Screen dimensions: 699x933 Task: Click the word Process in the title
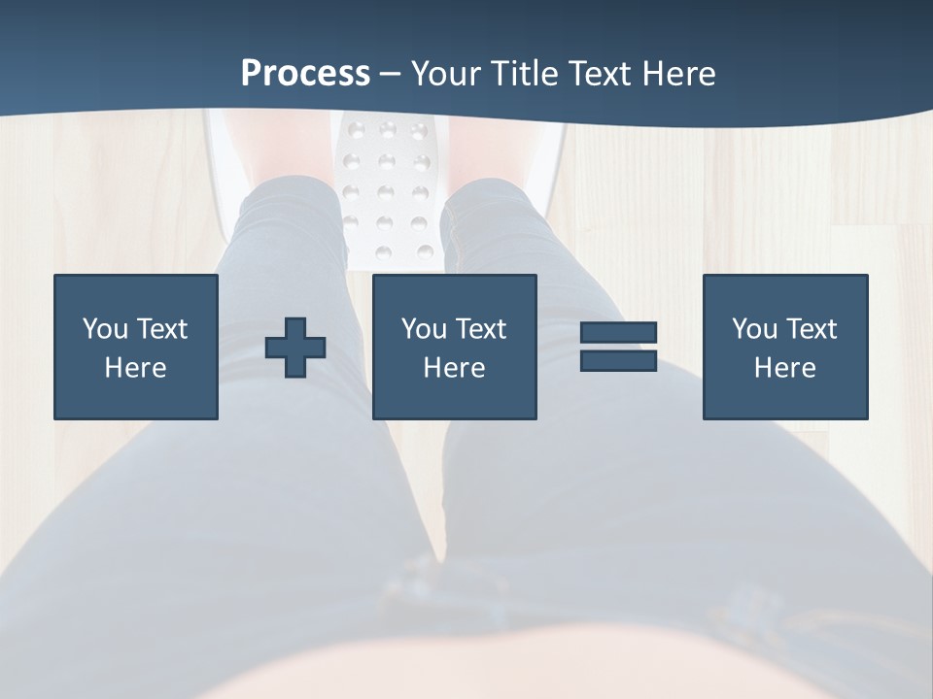click(305, 74)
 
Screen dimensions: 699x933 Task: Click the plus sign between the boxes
click(295, 348)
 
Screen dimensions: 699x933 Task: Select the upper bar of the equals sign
click(618, 332)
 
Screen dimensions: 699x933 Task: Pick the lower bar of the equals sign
click(618, 360)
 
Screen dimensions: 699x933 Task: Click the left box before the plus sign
click(135, 291)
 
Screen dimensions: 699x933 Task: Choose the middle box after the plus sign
click(454, 291)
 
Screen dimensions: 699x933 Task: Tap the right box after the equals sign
click(784, 291)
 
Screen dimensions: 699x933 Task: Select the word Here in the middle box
click(454, 368)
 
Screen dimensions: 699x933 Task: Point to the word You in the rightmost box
click(754, 329)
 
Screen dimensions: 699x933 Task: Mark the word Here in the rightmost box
click(784, 368)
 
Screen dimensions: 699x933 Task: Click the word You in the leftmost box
click(105, 329)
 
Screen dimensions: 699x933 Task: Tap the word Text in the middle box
click(482, 329)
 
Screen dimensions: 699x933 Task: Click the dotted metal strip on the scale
click(385, 184)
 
